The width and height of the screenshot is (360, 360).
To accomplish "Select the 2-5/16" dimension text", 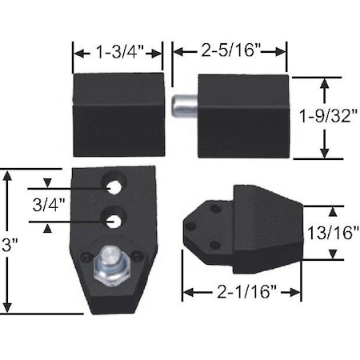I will (230, 51).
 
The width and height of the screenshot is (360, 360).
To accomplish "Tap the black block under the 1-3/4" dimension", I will (118, 114).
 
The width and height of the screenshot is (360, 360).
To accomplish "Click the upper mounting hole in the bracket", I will (115, 187).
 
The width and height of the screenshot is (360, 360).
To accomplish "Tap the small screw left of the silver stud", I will (86, 257).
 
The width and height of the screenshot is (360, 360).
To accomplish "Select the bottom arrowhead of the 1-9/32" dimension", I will (324, 154).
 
